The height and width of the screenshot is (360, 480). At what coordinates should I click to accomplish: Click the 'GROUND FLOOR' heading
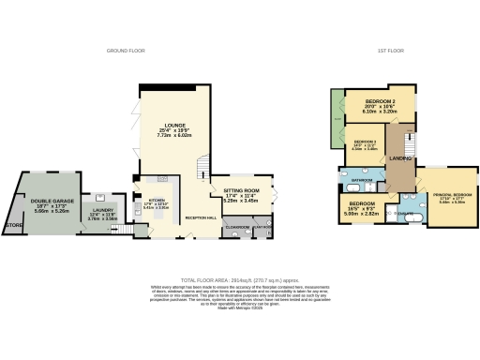click(124, 50)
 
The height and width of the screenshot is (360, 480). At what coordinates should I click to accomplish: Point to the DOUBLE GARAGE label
click(52, 200)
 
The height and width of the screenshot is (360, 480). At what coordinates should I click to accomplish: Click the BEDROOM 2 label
click(380, 100)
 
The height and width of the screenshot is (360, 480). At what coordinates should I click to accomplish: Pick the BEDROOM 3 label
click(366, 141)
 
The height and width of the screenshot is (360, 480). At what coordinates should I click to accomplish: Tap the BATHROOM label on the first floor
click(362, 178)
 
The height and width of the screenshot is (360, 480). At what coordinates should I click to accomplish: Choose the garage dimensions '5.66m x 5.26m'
click(52, 211)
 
